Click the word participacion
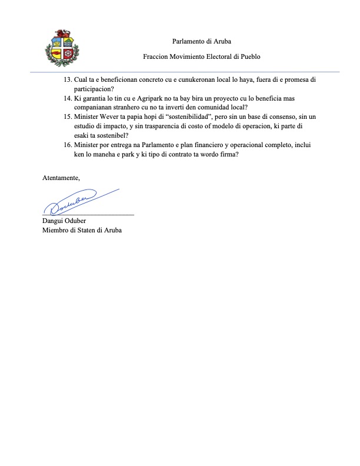coord(94,89)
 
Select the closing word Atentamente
coord(61,178)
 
